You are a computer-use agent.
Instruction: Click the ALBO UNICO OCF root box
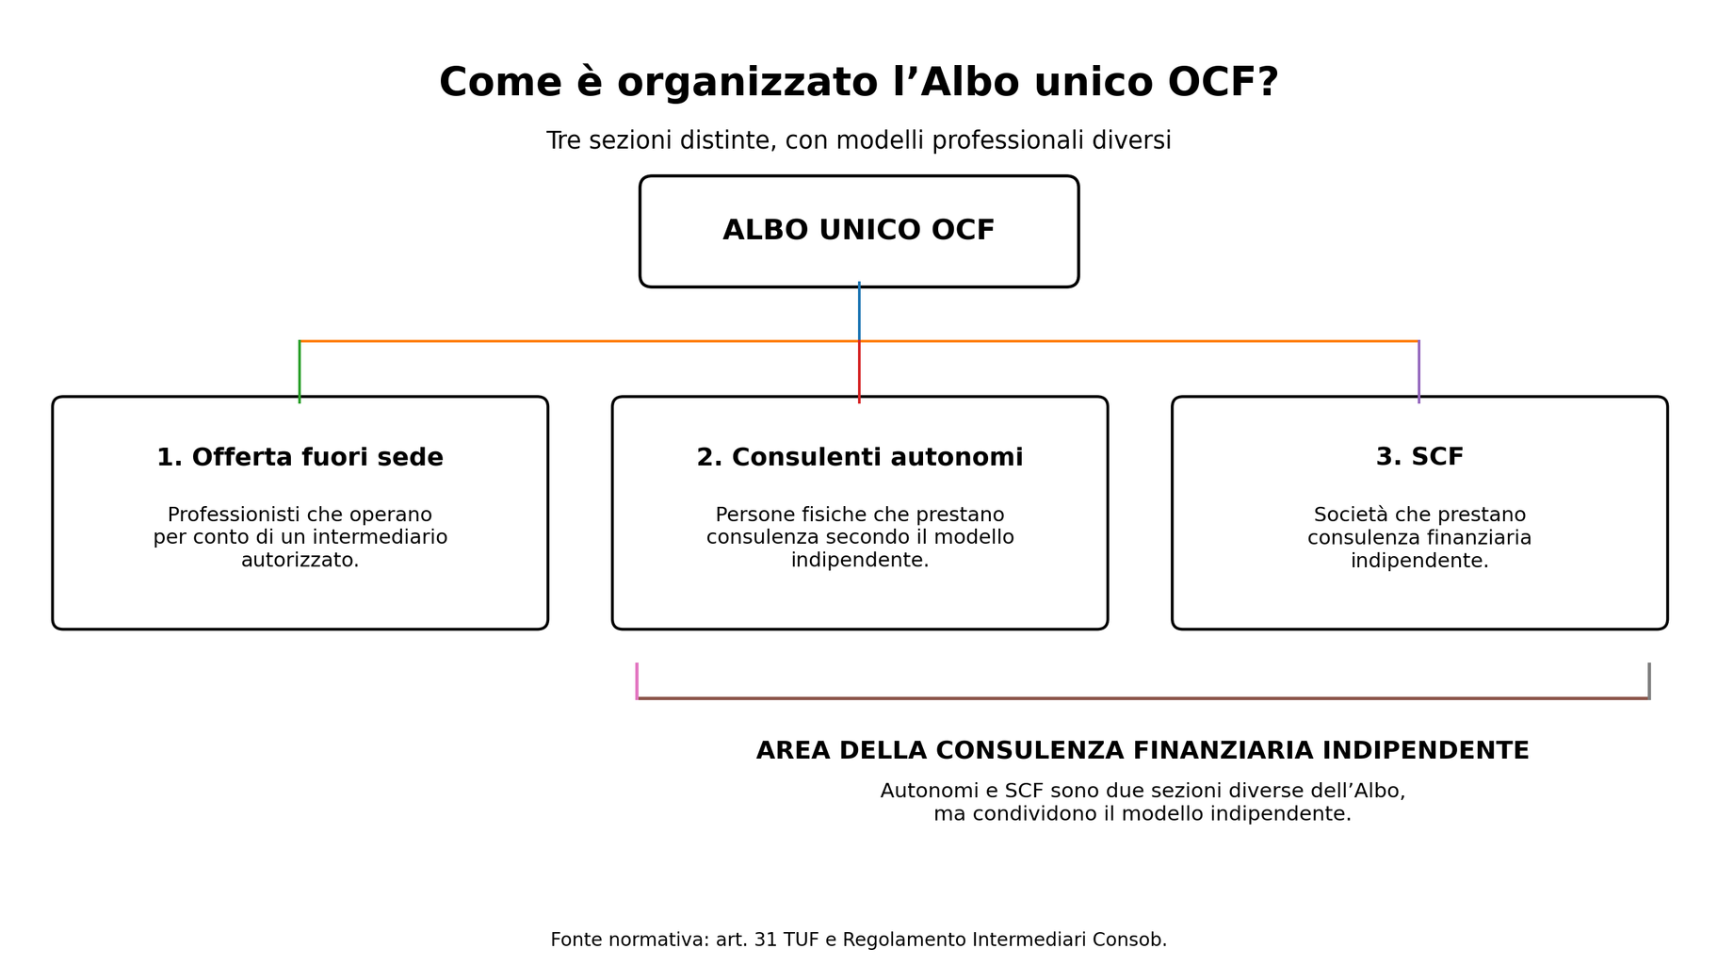point(859,231)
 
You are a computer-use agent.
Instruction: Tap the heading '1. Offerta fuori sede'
point(300,458)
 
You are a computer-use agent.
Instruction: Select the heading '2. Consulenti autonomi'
point(860,458)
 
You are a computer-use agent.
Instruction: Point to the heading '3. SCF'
point(1419,457)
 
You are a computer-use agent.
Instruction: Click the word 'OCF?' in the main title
point(1223,83)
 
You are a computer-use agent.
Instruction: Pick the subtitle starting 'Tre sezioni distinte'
point(859,140)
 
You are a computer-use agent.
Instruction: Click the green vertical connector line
point(300,371)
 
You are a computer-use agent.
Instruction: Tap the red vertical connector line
point(859,371)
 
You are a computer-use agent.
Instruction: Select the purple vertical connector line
point(1418,371)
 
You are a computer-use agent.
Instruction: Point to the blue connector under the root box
point(859,311)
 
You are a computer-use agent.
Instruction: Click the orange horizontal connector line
point(859,341)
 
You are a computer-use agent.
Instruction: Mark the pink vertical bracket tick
point(637,680)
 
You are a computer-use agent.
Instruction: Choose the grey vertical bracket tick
point(1649,680)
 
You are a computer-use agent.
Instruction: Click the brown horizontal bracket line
point(1143,698)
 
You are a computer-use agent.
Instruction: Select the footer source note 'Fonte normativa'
point(859,940)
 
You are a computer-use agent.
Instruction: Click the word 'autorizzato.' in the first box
point(300,561)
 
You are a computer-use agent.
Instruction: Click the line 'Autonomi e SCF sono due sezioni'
point(1143,792)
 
